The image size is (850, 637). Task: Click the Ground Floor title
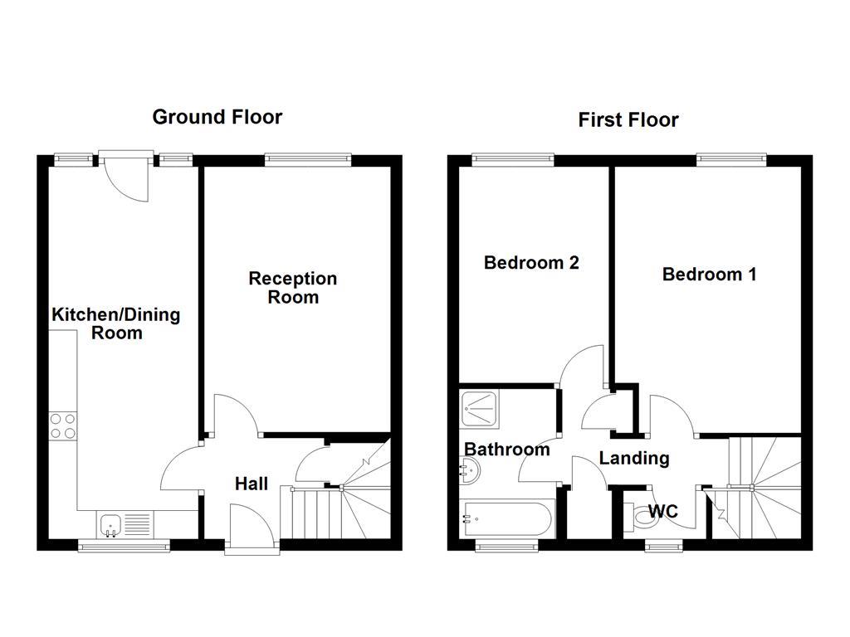pos(217,117)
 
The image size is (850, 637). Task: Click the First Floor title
pos(628,120)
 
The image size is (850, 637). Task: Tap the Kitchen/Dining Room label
pos(116,323)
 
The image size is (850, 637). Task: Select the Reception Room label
pos(293,288)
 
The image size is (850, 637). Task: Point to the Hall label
pos(251,483)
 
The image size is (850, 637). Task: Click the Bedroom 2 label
pos(531,263)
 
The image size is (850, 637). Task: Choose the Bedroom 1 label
pos(709,274)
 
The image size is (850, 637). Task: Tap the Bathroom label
pos(506,450)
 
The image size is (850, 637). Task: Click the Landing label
pos(634,458)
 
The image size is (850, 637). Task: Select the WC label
pos(662,512)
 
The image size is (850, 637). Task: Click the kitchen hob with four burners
pos(63,425)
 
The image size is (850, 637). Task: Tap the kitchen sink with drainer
pos(125,524)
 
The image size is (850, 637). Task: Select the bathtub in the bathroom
pos(506,519)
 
